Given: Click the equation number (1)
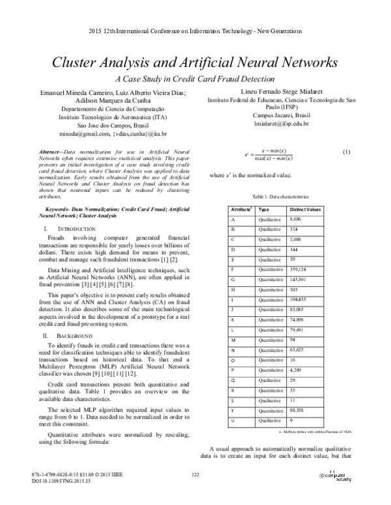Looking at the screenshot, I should (346, 152).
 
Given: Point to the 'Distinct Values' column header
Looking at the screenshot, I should (305, 210).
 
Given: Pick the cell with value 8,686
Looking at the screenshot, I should (297, 221).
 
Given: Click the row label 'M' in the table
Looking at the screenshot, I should (234, 340).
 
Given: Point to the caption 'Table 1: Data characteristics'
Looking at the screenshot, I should (281, 196).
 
